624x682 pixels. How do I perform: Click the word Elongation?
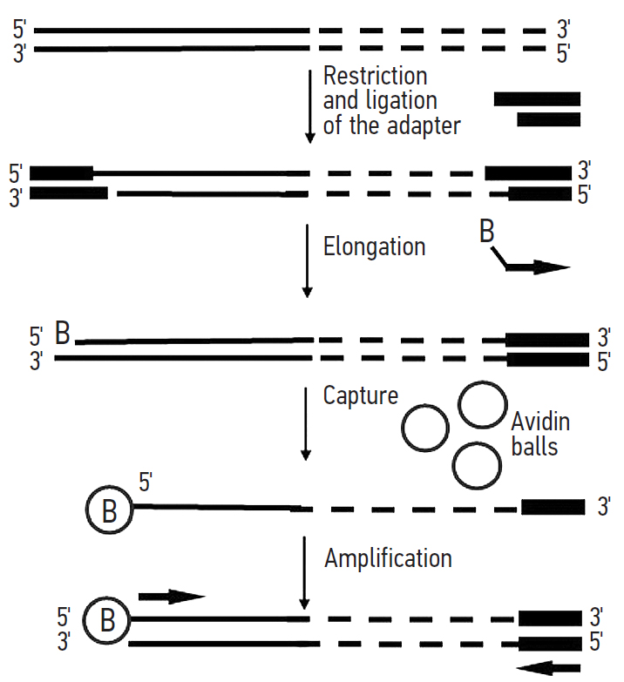coord(374,246)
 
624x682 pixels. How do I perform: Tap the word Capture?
coord(360,396)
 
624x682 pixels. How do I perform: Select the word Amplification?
coord(388,557)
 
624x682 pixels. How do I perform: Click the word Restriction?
coord(375,76)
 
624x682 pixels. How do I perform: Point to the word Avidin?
coord(540,423)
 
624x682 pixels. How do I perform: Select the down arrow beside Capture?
coord(305,422)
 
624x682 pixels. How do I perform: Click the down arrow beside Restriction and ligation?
coord(309,105)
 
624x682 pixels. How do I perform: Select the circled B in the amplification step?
coord(108,624)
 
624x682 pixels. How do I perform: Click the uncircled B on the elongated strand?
coord(64,333)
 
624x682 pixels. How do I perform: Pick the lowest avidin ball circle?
coord(478,465)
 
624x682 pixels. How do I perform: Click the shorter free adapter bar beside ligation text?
coord(548,119)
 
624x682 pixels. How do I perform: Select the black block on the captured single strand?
coord(553,507)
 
